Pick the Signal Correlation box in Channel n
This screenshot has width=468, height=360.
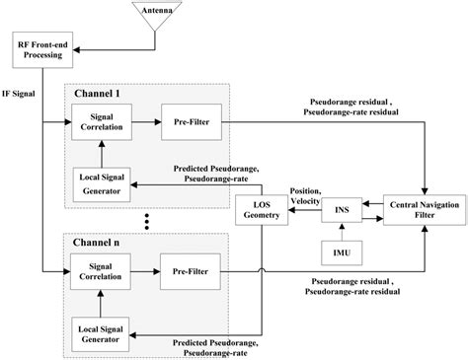pyautogui.click(x=99, y=269)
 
